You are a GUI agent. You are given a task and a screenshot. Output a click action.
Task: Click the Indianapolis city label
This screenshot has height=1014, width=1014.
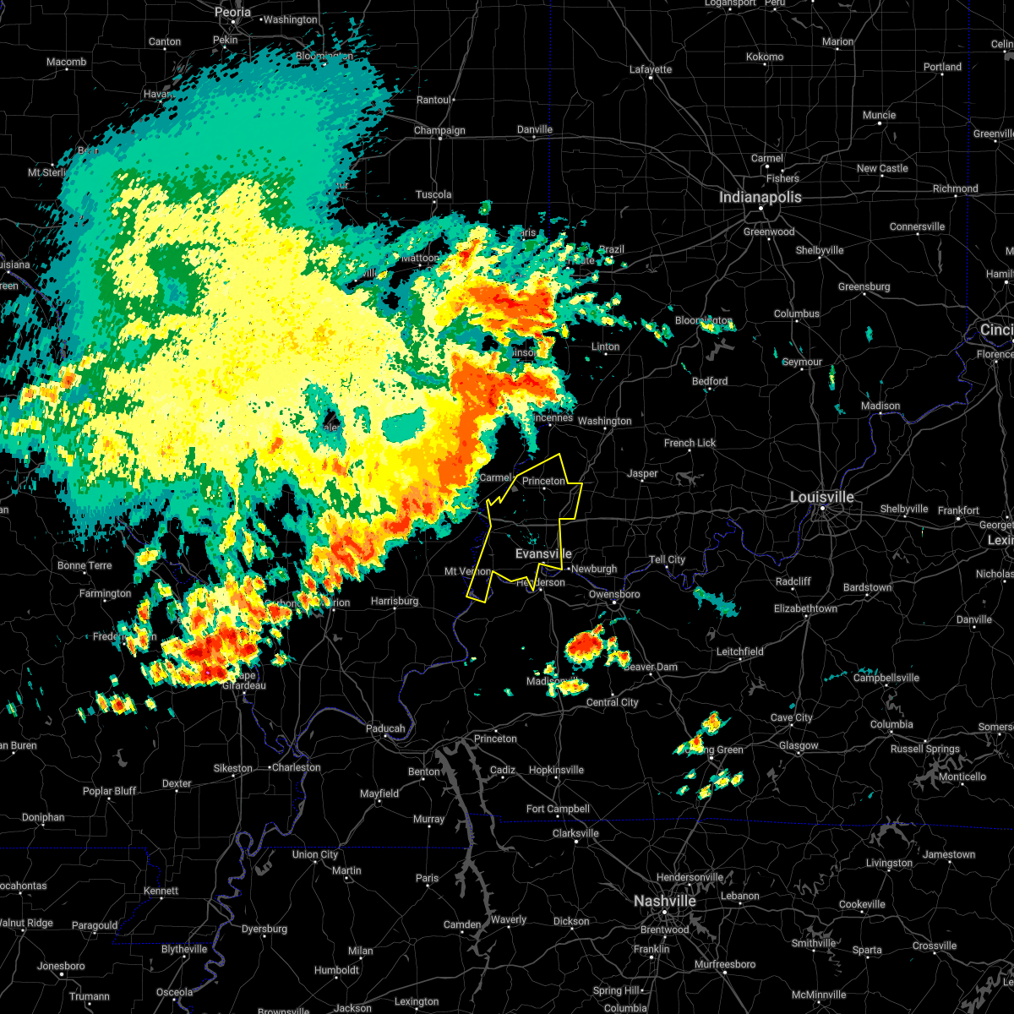(x=760, y=197)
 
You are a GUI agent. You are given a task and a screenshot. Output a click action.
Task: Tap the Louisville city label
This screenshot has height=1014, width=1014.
(x=821, y=497)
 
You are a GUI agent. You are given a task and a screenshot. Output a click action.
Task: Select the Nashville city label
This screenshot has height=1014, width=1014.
(x=664, y=901)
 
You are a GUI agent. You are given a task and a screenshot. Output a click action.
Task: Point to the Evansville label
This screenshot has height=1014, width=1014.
(x=543, y=553)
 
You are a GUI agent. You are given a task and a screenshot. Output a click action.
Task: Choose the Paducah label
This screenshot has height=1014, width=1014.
(x=385, y=728)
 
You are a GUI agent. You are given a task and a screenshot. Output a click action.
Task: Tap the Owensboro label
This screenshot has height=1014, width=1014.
(x=614, y=594)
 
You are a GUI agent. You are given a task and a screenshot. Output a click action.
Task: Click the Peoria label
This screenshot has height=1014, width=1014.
(x=232, y=12)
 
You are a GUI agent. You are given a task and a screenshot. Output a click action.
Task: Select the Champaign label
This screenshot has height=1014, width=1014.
(x=439, y=130)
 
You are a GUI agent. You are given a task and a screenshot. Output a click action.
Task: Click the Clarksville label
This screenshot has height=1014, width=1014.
(x=575, y=833)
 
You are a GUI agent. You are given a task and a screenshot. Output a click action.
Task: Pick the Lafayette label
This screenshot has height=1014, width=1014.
(x=651, y=69)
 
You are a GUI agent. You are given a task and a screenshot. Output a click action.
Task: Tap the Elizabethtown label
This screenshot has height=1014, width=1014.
(x=806, y=608)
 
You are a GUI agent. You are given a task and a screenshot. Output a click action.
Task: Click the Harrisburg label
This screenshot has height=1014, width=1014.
(x=395, y=601)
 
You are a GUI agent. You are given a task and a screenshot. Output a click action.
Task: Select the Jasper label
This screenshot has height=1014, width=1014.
(x=642, y=473)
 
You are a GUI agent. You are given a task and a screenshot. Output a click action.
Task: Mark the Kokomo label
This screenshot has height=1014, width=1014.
(x=765, y=57)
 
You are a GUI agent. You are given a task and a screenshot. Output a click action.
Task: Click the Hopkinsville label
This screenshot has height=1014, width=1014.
(x=556, y=770)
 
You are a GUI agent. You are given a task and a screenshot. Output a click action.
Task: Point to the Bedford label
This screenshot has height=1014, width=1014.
(x=710, y=381)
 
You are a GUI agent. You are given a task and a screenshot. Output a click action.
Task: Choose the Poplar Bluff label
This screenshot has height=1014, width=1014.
(x=109, y=791)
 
